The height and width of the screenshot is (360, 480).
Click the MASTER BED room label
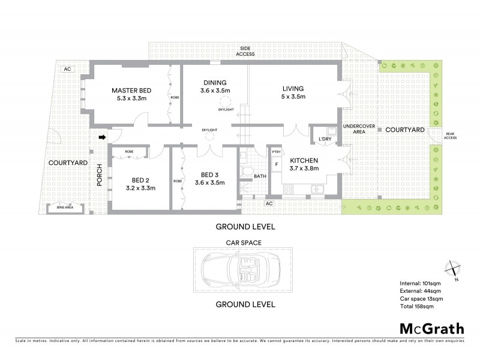coord(131,90)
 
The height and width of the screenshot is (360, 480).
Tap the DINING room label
coord(215,83)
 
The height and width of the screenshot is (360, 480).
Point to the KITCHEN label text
coord(304,161)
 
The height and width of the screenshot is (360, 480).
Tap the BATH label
coord(260,176)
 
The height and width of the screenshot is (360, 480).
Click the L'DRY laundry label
coord(325,139)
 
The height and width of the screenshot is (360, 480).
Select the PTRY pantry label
coord(277,152)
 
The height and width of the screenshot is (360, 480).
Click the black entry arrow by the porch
coord(101,137)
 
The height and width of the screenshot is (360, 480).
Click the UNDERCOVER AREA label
coord(354,129)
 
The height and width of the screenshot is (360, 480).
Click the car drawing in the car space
coord(243,271)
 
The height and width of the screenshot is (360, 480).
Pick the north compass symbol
coord(453,269)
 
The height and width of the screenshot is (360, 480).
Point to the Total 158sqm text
coord(416,306)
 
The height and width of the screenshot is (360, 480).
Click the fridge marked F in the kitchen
coord(277,163)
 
